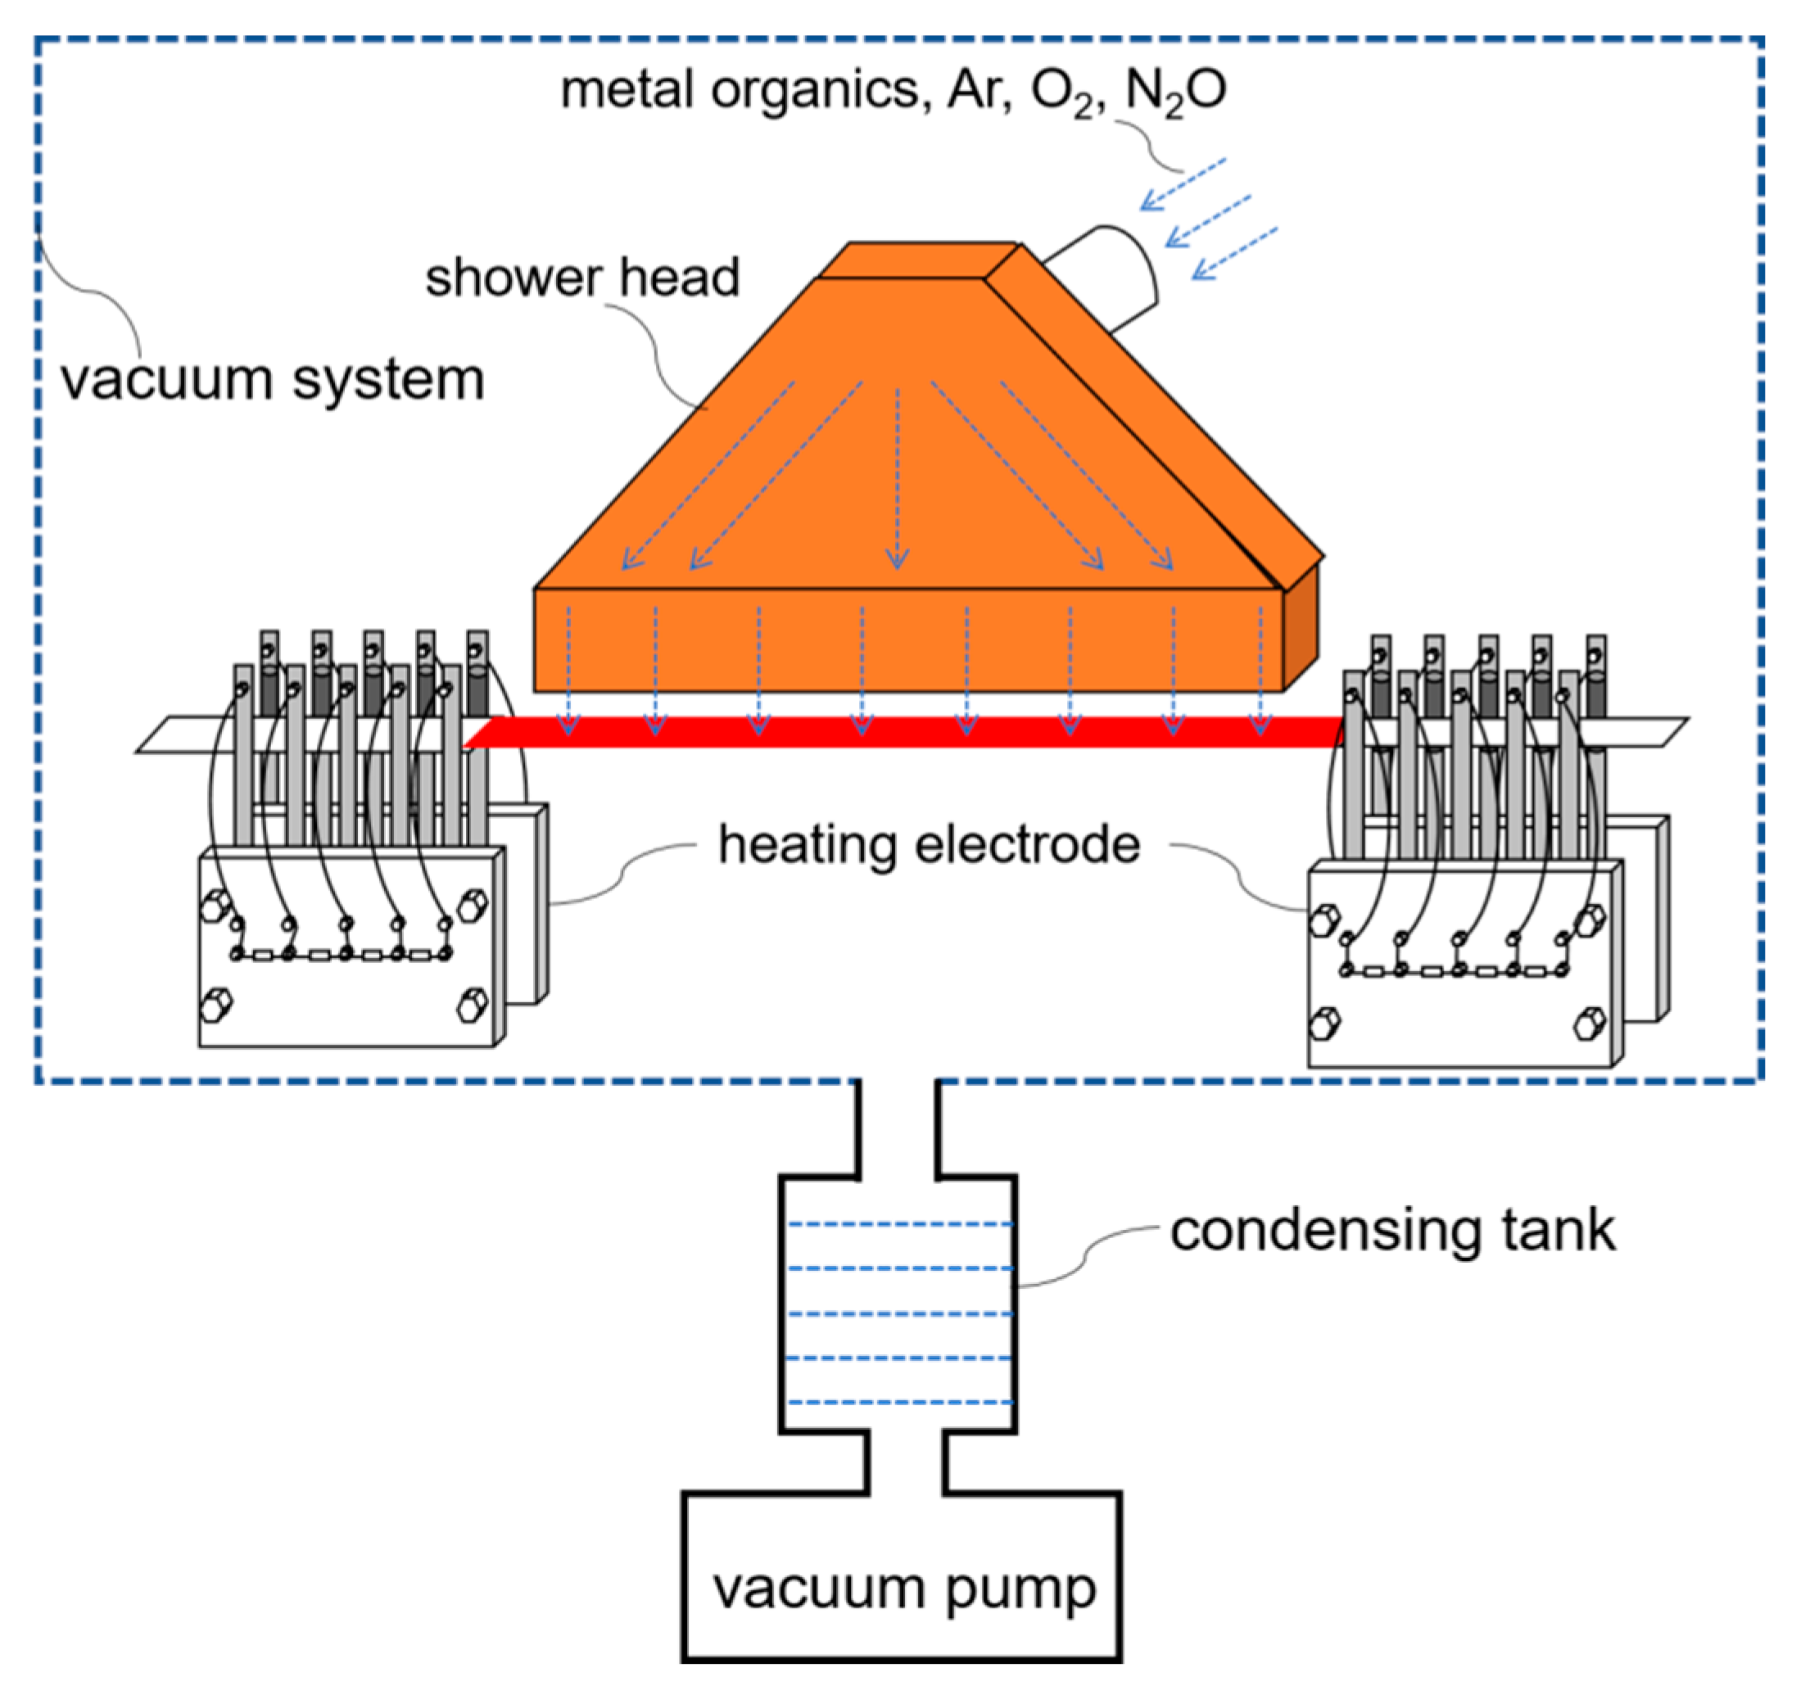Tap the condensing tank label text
[x=1392, y=1231]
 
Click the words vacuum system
[x=272, y=379]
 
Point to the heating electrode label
[x=929, y=845]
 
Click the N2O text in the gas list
[x=1175, y=90]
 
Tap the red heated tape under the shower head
[x=903, y=731]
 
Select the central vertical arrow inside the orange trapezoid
[x=897, y=479]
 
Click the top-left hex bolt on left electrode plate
[x=215, y=906]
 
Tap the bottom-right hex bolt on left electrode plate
[x=472, y=1005]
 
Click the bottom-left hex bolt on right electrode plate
[x=1323, y=1023]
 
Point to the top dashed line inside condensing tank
[x=900, y=1224]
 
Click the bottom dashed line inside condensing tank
[x=900, y=1402]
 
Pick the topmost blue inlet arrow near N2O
[x=1183, y=184]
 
